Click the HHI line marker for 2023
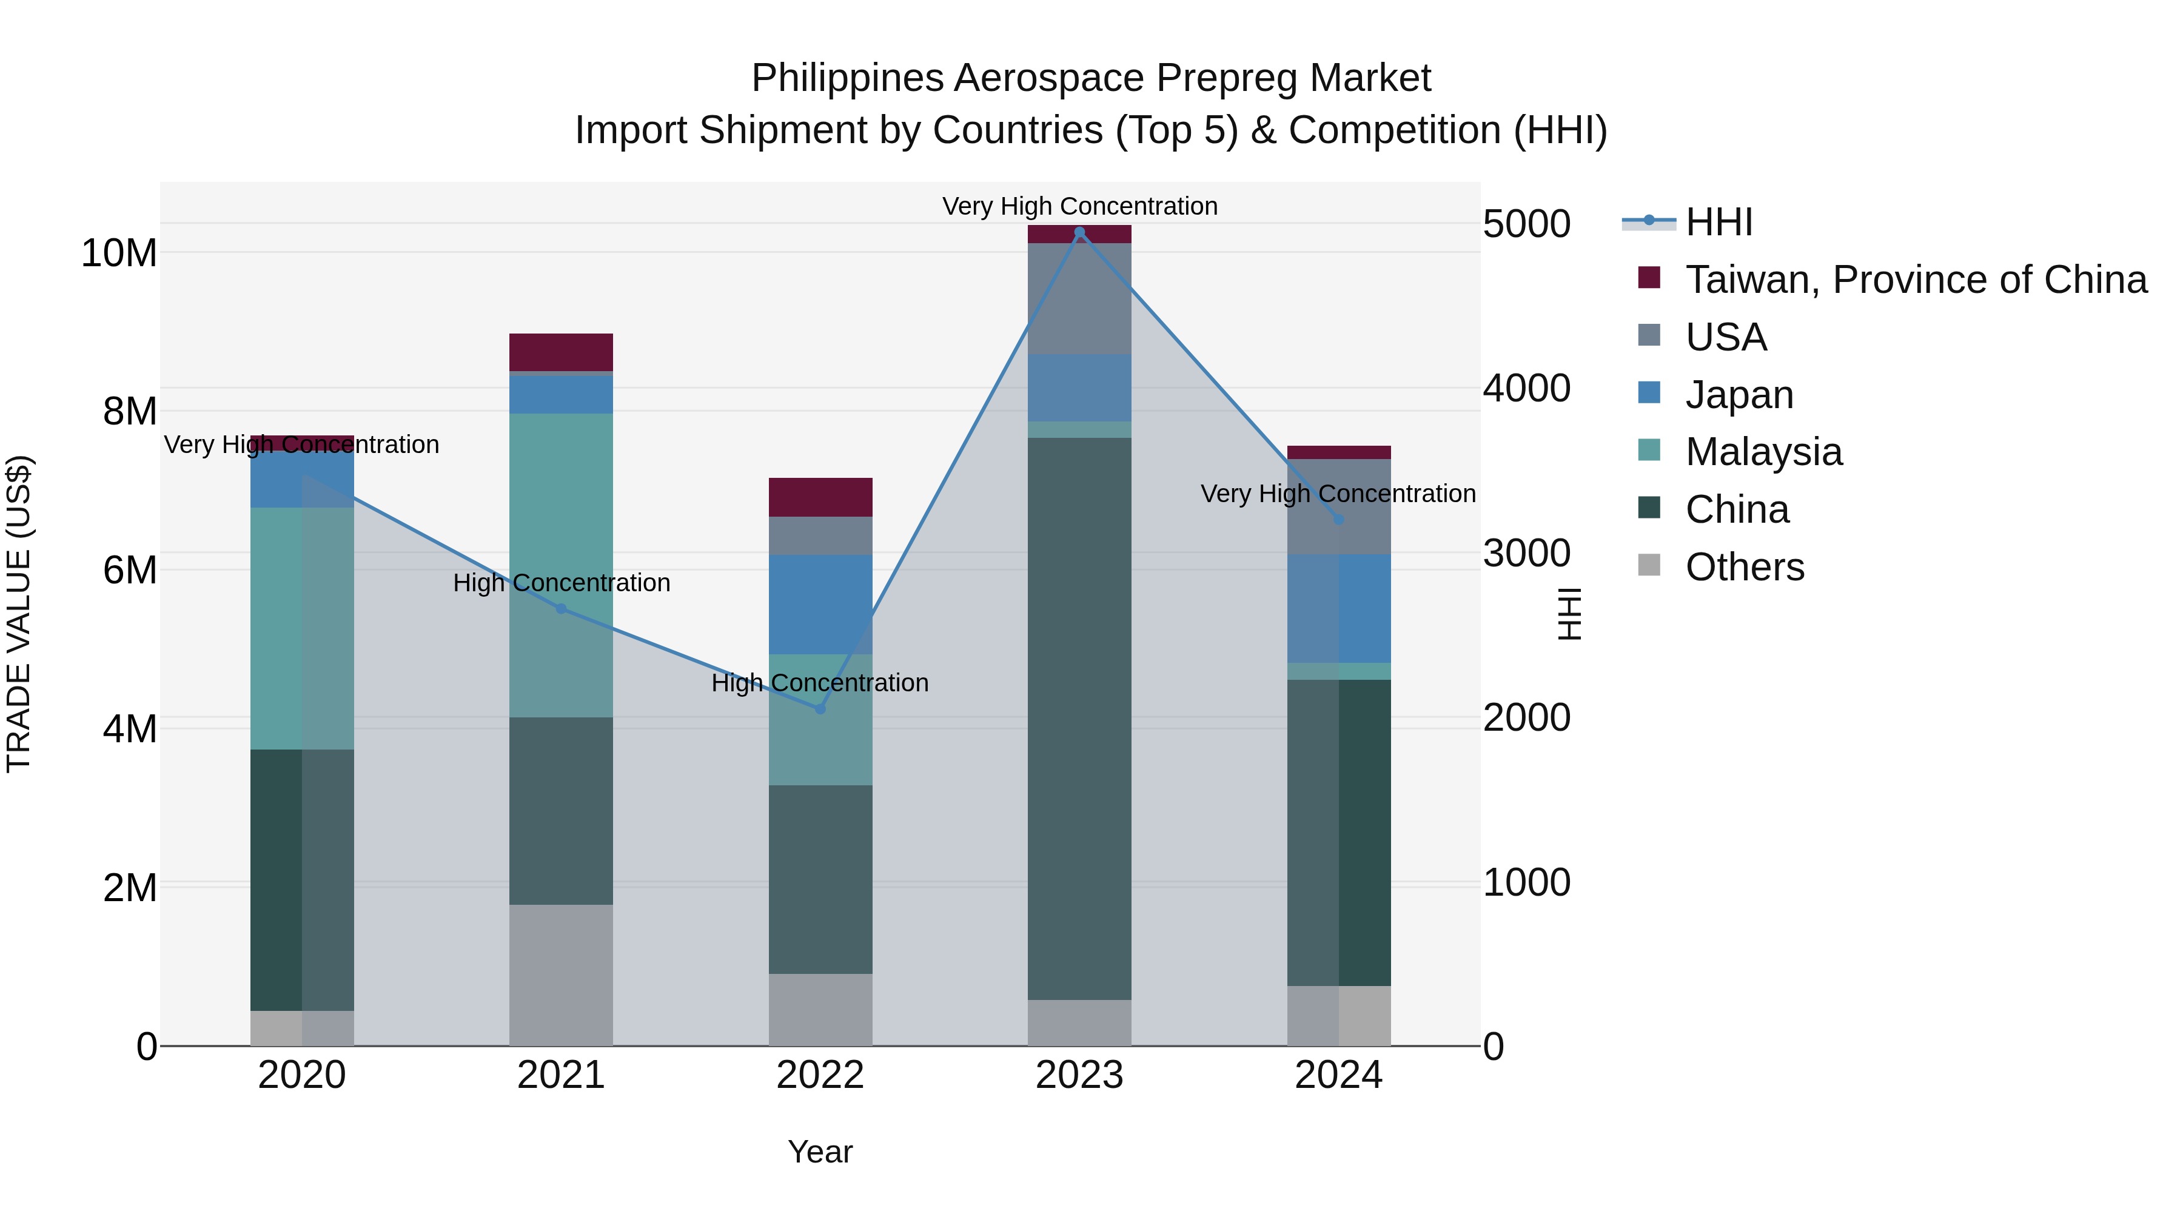coord(1079,232)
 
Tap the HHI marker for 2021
coord(560,608)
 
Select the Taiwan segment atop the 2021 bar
coord(560,352)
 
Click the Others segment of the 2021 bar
coord(560,975)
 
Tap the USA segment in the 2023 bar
coord(1079,298)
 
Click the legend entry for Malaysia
coord(1763,452)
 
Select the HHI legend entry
coord(1719,222)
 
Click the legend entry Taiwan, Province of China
coord(1915,280)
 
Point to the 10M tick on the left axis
coord(119,252)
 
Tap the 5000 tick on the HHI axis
coord(1526,224)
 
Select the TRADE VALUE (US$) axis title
coord(19,614)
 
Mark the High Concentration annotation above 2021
coord(561,583)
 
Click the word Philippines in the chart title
coord(848,78)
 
